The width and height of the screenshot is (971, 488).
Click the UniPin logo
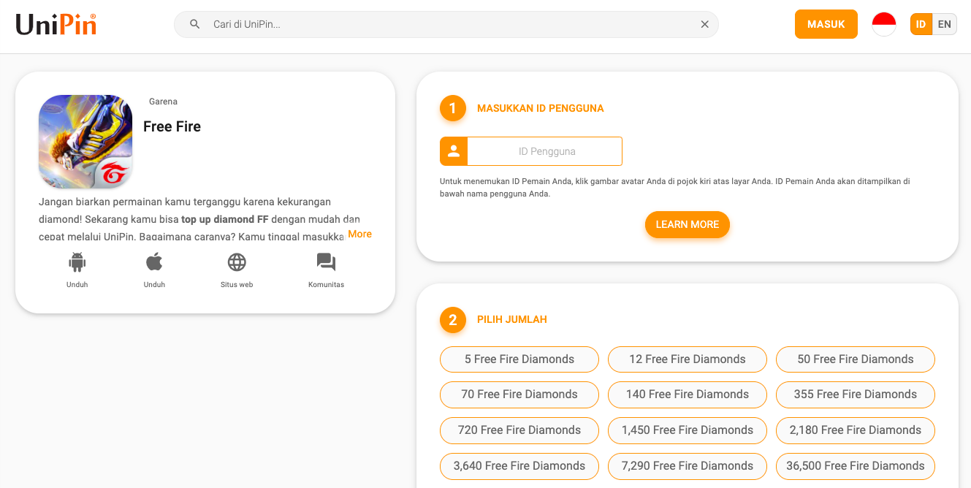(x=56, y=24)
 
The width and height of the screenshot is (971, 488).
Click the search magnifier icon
(x=194, y=24)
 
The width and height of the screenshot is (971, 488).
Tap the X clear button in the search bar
(x=705, y=24)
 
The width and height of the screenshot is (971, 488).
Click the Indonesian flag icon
(x=884, y=24)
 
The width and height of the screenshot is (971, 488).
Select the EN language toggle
(x=944, y=24)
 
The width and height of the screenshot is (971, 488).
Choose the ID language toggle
(x=921, y=24)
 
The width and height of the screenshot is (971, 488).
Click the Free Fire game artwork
(x=85, y=142)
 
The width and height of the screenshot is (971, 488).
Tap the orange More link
(x=359, y=234)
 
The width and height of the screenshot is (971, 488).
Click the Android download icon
(x=77, y=262)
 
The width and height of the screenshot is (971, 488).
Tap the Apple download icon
(x=154, y=262)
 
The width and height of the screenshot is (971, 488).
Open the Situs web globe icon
(x=237, y=262)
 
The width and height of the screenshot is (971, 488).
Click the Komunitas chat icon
(x=326, y=262)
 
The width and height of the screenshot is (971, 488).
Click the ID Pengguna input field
(x=545, y=151)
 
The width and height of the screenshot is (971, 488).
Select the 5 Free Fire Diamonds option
(x=519, y=359)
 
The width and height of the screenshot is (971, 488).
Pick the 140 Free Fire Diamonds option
(x=687, y=394)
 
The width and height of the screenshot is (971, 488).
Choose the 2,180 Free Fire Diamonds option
(x=856, y=430)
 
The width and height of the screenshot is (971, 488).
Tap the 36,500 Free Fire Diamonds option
(x=856, y=466)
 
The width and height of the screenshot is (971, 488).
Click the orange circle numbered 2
(x=453, y=320)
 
